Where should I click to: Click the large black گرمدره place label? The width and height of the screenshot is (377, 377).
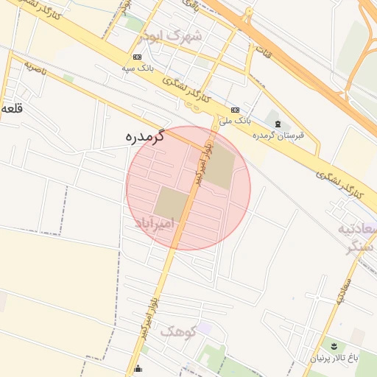pyautogui.click(x=144, y=137)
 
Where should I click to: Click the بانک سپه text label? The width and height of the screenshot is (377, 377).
pyautogui.click(x=137, y=68)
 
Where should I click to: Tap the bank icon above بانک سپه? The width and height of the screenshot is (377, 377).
pyautogui.click(x=137, y=57)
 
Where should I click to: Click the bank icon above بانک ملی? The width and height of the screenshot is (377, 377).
pyautogui.click(x=234, y=109)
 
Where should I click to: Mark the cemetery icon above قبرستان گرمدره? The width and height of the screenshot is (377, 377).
pyautogui.click(x=277, y=123)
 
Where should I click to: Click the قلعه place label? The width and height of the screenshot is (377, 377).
pyautogui.click(x=12, y=108)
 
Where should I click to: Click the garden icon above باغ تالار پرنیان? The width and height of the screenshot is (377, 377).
pyautogui.click(x=334, y=346)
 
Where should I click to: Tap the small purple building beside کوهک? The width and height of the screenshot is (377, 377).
pyautogui.click(x=204, y=328)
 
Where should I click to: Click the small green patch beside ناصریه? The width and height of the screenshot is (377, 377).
pyautogui.click(x=68, y=77)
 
